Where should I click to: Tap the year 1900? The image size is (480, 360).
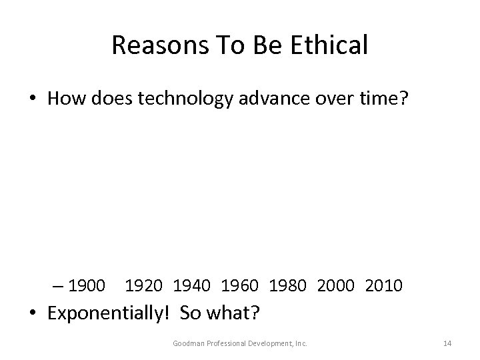[87, 286]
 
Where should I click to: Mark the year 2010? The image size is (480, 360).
[384, 286]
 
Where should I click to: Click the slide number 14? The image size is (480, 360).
[447, 343]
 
